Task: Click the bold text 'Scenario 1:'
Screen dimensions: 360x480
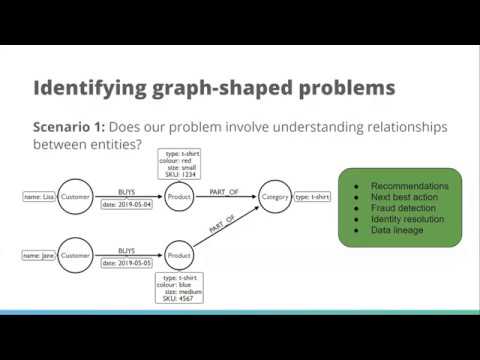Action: (x=76, y=129)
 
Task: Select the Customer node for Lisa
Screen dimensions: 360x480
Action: (x=75, y=197)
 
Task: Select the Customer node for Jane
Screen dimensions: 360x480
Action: (x=75, y=256)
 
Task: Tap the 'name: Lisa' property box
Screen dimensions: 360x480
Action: (x=39, y=197)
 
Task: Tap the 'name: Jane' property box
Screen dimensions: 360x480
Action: (x=39, y=256)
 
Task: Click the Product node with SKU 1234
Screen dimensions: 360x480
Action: (x=179, y=197)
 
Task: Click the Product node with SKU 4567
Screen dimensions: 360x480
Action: (x=179, y=256)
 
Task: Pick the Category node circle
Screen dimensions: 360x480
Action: (x=275, y=197)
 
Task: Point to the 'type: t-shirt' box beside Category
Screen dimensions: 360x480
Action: (x=317, y=197)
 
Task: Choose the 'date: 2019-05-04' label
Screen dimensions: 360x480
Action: (x=127, y=205)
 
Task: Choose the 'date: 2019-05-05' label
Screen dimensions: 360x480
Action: (x=127, y=264)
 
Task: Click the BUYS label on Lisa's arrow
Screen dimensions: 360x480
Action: (x=127, y=191)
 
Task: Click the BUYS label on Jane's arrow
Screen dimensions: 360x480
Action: (x=127, y=250)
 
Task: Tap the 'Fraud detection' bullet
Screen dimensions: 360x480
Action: (x=404, y=209)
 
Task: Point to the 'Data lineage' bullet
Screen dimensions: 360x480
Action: (x=399, y=231)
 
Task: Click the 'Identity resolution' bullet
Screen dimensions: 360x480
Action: (x=409, y=220)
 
